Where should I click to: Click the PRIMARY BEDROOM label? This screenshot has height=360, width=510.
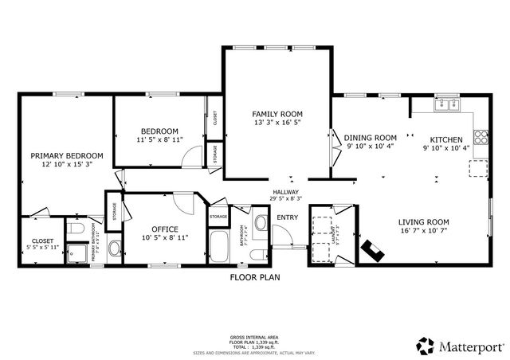[x=67, y=156]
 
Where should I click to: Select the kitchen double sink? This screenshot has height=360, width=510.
[x=446, y=104]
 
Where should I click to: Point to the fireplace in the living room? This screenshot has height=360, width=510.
[x=373, y=251]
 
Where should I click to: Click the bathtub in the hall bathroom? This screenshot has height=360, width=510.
[x=218, y=245]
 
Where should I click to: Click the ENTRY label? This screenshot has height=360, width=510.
[x=286, y=217]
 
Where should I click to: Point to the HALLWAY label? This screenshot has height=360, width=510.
[x=285, y=192]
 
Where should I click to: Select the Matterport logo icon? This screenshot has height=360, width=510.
[x=424, y=345]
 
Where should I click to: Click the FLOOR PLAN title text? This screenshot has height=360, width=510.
[x=254, y=277]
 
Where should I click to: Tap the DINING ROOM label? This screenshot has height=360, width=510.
[x=371, y=137]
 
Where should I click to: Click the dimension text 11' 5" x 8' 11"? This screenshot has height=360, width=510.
[x=159, y=140]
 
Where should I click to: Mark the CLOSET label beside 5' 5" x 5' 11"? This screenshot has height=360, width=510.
[x=42, y=241]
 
